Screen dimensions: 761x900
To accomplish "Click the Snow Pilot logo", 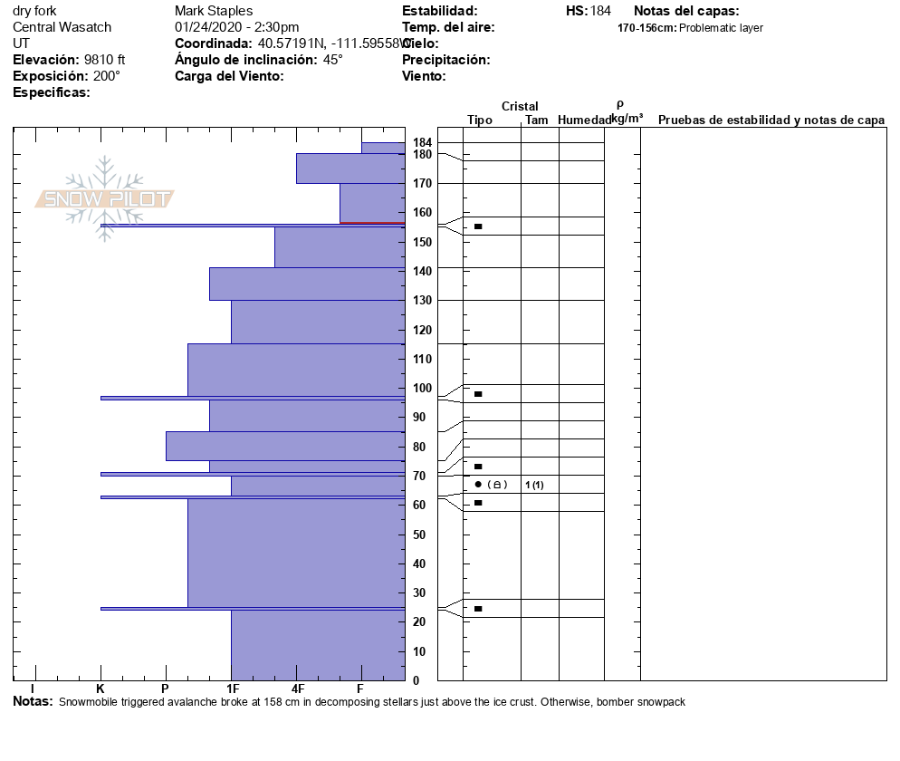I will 104,198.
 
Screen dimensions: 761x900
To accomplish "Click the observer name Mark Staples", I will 214,11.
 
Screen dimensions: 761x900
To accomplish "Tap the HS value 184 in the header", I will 600,11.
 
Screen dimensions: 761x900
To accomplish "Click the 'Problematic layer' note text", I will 721,28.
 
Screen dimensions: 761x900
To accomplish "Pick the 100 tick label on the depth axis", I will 422,389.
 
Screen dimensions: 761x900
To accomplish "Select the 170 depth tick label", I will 422,184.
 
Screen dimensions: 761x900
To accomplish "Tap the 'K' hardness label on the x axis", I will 101,689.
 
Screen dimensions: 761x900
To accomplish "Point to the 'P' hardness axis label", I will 166,689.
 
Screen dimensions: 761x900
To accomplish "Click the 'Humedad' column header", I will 584,120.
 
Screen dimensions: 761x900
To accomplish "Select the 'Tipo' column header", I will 480,120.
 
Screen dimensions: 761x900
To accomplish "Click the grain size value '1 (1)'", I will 534,485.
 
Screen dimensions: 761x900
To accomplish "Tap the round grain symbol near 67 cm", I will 478,484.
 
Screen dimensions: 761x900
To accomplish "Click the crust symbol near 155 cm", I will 478,226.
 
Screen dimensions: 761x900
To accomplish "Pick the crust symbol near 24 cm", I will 478,609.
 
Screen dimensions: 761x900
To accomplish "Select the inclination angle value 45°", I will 332,60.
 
